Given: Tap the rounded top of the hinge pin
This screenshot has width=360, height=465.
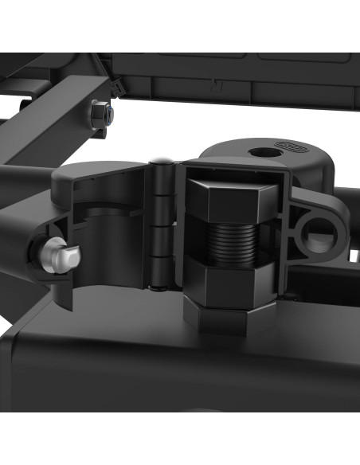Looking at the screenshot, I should point(162,162).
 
